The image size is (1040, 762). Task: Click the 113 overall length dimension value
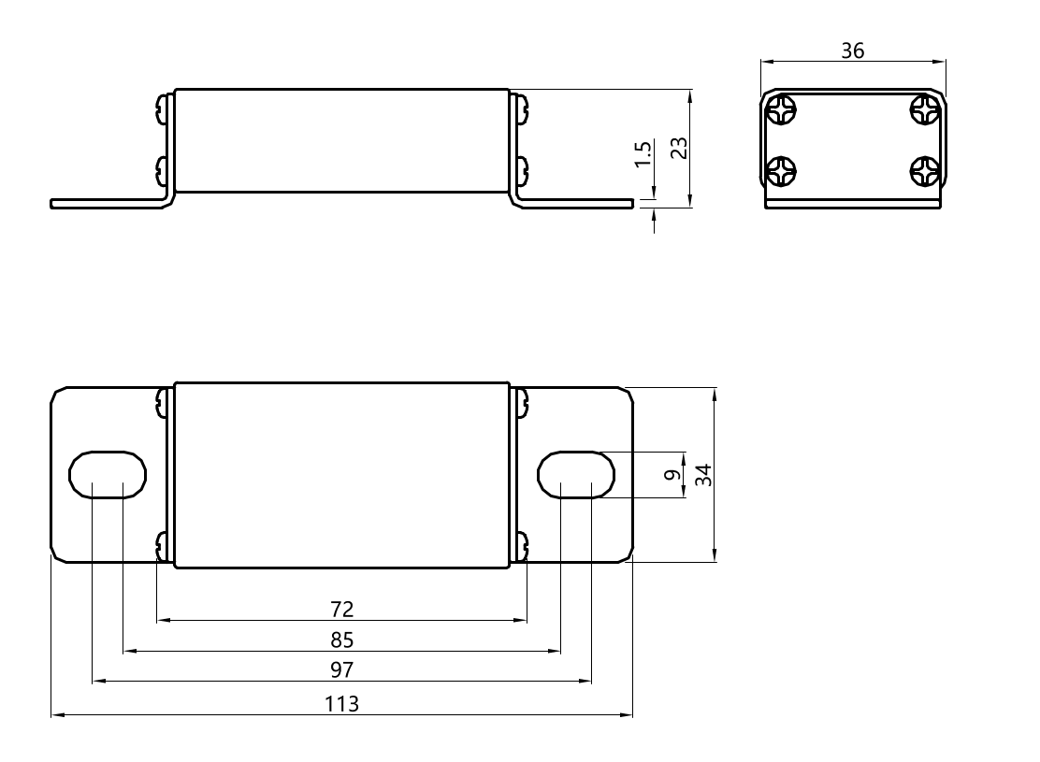(342, 704)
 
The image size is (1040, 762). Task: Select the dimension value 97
(342, 670)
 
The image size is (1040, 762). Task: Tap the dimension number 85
(342, 640)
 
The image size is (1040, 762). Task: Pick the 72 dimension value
(342, 610)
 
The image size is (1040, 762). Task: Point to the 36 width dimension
(852, 50)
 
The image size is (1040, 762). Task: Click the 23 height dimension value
(680, 148)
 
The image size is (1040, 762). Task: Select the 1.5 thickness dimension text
(643, 154)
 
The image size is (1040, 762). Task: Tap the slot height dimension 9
(671, 475)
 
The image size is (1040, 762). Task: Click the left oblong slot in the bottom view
(108, 475)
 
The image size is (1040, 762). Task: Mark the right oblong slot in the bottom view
(575, 475)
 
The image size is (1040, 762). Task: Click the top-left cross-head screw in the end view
(781, 111)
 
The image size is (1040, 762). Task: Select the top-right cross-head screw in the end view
(924, 111)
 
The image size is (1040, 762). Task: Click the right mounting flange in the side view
(580, 203)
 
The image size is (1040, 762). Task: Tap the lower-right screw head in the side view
(520, 170)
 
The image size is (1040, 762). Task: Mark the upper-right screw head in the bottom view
(520, 403)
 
